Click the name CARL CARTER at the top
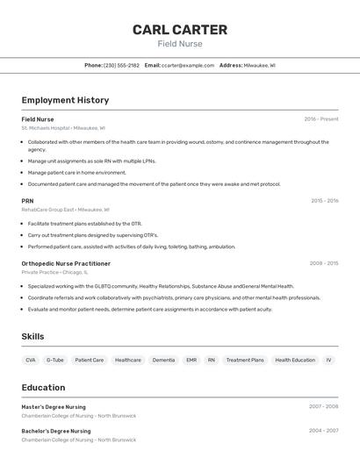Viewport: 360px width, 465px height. pos(180,30)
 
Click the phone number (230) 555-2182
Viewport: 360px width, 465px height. pos(121,66)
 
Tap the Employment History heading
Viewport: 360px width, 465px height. pos(65,100)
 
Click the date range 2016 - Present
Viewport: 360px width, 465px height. pos(321,119)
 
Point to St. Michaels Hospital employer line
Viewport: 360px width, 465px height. pos(63,128)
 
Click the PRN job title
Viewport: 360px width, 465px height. pos(27,201)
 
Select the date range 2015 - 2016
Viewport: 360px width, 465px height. pos(324,201)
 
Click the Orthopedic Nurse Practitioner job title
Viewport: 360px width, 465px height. pos(66,263)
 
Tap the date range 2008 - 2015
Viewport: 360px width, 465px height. pos(324,263)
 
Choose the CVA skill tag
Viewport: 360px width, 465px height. pos(31,360)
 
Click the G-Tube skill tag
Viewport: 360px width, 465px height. pos(55,360)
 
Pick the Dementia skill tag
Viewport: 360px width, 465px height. pos(163,360)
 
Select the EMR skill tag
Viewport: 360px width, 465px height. pos(191,360)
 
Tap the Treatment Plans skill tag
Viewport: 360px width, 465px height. pos(245,360)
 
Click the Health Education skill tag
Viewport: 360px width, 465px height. pos(295,360)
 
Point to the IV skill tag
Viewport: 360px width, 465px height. pos(329,360)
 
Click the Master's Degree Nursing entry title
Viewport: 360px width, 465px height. pos(54,407)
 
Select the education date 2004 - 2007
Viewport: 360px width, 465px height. pos(323,431)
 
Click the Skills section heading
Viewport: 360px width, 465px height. pos(33,337)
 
